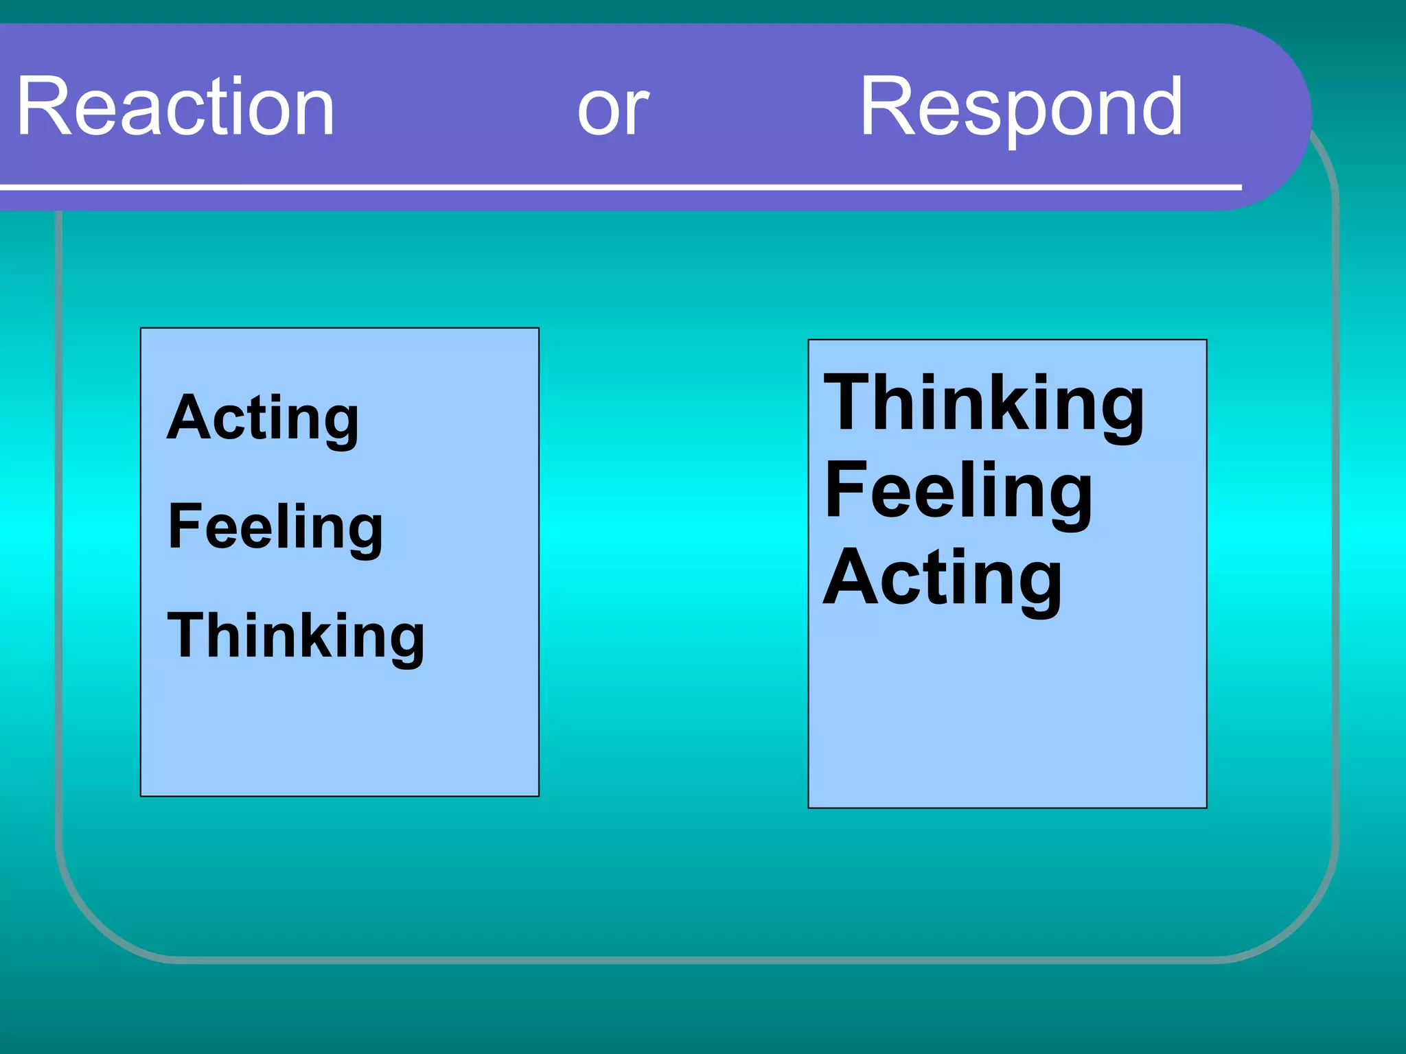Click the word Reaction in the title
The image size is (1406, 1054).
click(176, 107)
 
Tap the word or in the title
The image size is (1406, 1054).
click(613, 110)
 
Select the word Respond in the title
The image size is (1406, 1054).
click(1021, 110)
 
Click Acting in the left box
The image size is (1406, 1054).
click(262, 419)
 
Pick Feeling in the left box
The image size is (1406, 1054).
click(275, 528)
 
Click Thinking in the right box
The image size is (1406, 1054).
click(984, 405)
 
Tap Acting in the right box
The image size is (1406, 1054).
click(942, 579)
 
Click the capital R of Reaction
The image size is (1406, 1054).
click(43, 107)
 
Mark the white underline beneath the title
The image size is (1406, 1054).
click(618, 187)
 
